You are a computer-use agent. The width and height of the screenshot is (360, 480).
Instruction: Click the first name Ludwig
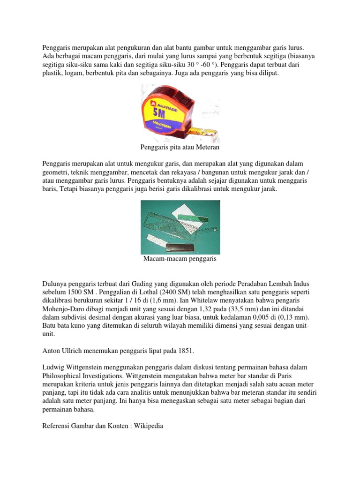53,367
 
